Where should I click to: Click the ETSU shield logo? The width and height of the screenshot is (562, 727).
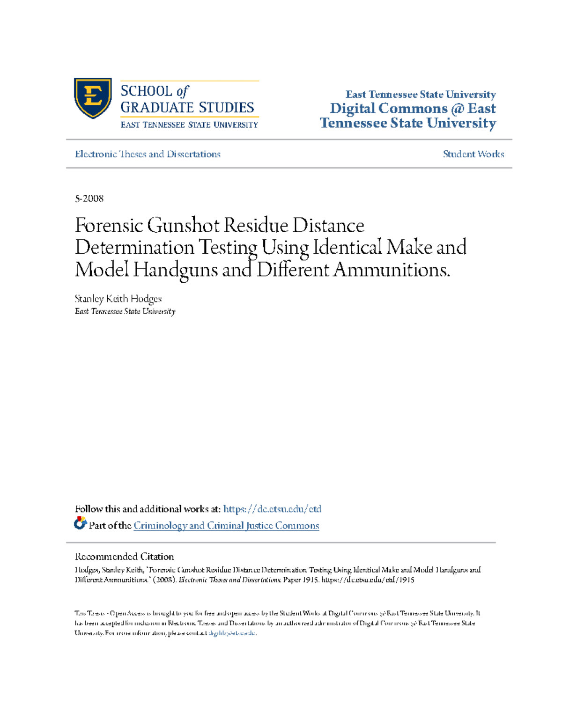(x=93, y=98)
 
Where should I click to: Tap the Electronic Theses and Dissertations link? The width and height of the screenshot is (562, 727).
(x=148, y=154)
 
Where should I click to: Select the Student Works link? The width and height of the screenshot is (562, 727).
(x=473, y=154)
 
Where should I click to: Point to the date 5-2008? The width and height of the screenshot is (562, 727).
(x=89, y=198)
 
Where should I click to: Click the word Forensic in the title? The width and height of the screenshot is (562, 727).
(x=109, y=226)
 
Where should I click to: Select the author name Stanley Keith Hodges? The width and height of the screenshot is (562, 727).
(x=118, y=299)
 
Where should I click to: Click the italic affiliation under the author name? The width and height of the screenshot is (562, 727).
(x=125, y=312)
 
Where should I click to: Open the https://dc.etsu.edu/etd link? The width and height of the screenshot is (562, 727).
(x=272, y=509)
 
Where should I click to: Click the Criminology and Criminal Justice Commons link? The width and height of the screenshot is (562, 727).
(x=226, y=526)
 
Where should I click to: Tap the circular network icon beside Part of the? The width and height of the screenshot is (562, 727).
(x=80, y=523)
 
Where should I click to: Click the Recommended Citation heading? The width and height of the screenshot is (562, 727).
(x=124, y=557)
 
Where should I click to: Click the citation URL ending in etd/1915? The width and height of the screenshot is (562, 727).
(x=368, y=580)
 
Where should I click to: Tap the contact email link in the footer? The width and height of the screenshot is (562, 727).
(x=232, y=633)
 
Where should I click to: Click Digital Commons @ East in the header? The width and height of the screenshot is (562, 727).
(x=413, y=109)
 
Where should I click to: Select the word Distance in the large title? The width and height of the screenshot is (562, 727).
(x=328, y=226)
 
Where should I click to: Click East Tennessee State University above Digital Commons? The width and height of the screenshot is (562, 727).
(x=420, y=95)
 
